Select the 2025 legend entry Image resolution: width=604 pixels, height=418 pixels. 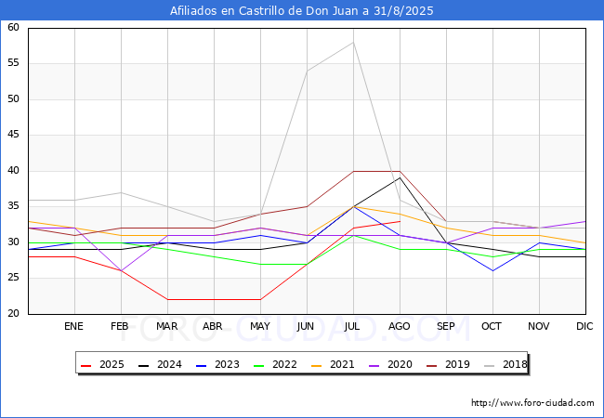point(102,364)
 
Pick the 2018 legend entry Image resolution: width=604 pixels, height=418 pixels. point(506,364)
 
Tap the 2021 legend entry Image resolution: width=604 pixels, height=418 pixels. point(333,364)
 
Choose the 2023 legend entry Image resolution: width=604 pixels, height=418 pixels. point(217,364)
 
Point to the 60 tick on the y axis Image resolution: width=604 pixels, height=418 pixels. point(13,27)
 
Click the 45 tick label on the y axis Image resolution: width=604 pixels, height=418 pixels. point(13,135)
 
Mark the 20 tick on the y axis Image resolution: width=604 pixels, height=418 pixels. point(13,313)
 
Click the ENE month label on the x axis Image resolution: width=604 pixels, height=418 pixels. point(73,326)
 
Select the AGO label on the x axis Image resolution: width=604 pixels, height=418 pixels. point(399,326)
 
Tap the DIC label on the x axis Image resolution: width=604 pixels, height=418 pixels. point(584,326)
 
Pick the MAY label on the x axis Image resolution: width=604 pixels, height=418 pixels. point(260,326)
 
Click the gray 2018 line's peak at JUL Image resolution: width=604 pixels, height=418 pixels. point(353,43)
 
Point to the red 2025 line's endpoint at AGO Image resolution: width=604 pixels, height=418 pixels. point(400,221)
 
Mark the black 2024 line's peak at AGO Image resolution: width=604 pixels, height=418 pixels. point(400,177)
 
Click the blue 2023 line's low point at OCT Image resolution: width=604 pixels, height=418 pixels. point(492,270)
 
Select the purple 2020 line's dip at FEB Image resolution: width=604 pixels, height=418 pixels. point(122,270)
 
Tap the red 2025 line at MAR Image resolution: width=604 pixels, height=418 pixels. point(167,299)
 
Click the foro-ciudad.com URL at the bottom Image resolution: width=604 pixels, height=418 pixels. point(532,402)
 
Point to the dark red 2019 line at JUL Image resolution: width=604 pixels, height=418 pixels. point(353,171)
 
